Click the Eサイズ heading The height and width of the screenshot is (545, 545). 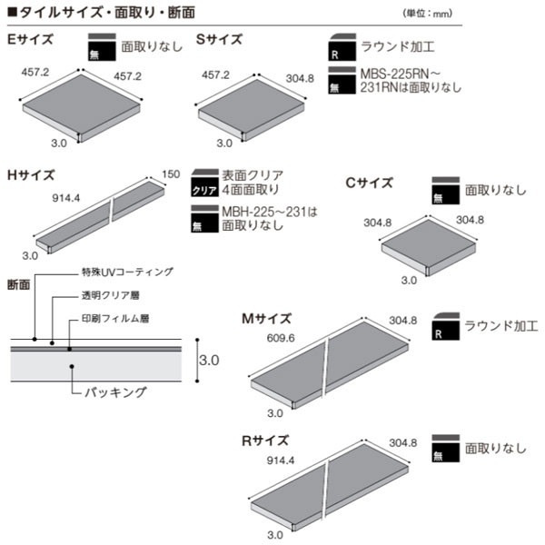pyautogui.click(x=30, y=39)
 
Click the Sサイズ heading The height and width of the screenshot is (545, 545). pyautogui.click(x=219, y=39)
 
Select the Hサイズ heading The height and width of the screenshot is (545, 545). pyautogui.click(x=31, y=175)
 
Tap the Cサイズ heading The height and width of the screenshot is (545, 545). pyautogui.click(x=370, y=183)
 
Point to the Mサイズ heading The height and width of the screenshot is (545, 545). pyautogui.click(x=266, y=319)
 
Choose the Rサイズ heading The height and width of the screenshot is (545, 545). pyautogui.click(x=265, y=441)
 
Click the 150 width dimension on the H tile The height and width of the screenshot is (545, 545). pyautogui.click(x=171, y=174)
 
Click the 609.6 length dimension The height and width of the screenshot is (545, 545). pyautogui.click(x=281, y=338)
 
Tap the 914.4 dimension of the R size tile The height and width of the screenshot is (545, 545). pyautogui.click(x=281, y=461)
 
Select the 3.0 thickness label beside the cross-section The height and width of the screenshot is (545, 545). pyautogui.click(x=209, y=360)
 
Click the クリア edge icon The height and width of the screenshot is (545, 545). pyautogui.click(x=204, y=183)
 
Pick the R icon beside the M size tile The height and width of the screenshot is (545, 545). pyautogui.click(x=446, y=326)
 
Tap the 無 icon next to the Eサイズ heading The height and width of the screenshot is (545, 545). pyautogui.click(x=102, y=47)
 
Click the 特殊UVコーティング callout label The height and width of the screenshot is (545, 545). pyautogui.click(x=127, y=272)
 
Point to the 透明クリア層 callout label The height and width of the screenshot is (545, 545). pyautogui.click(x=111, y=295)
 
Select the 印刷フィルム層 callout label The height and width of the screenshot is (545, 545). pyautogui.click(x=115, y=319)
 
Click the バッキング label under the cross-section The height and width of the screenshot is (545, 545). pyautogui.click(x=115, y=392)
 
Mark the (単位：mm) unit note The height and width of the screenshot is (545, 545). pyautogui.click(x=428, y=14)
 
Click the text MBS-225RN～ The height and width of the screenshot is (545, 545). pyautogui.click(x=401, y=74)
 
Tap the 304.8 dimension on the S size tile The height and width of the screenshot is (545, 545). pyautogui.click(x=300, y=78)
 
